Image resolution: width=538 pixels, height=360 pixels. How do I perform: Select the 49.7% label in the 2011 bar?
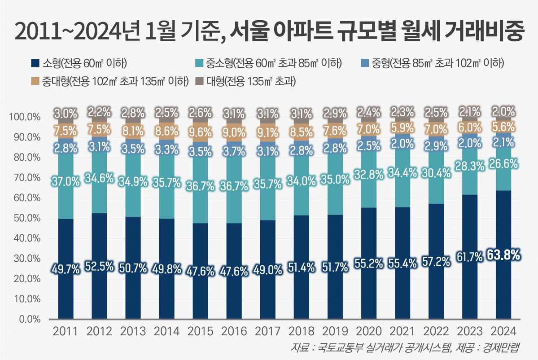66,269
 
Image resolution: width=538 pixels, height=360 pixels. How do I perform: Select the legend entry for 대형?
247,81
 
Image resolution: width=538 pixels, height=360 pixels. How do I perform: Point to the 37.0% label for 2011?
66,181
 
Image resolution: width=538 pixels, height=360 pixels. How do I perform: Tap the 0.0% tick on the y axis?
29,320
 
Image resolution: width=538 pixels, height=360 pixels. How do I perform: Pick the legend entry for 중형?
433,63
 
